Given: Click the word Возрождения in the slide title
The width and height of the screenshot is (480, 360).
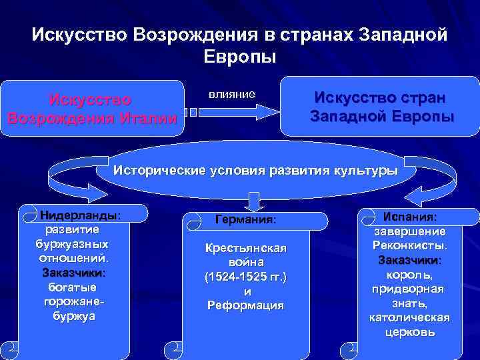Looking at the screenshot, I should pos(199,34).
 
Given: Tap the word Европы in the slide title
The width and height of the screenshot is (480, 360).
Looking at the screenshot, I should pos(240,56).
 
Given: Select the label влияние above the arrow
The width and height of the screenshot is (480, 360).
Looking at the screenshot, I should pos(231,94).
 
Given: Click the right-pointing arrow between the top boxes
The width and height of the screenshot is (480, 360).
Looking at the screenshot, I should pos(233,111).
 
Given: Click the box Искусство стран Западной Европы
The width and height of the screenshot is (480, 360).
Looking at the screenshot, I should pos(382,107).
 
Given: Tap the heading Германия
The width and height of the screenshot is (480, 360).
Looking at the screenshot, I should pos(245,219).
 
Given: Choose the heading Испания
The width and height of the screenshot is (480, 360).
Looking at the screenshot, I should pos(410,217).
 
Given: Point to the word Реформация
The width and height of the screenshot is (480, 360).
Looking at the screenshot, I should pos(245,305).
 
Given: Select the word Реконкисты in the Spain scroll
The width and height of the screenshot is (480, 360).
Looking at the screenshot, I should pos(409,245).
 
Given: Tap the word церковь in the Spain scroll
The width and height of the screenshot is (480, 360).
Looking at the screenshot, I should pos(409,331).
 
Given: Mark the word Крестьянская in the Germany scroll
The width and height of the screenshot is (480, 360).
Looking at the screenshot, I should pos(245,249).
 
